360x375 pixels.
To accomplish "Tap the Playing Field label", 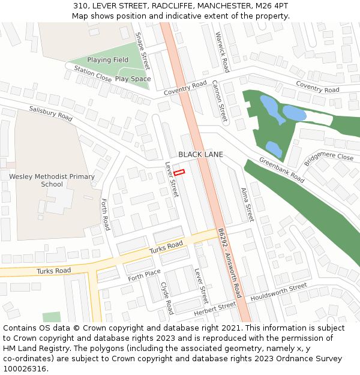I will pos(108,60).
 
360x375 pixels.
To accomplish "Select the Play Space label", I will pos(133,79).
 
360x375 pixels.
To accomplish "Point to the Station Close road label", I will pos(92,74).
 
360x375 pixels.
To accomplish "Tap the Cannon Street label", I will pos(220,101).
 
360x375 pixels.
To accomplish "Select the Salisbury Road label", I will pos(51,113).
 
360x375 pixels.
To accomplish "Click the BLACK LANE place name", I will pos(200,154).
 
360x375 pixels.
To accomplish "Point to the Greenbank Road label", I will pos(282,170).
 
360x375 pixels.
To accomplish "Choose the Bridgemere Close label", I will pos(329,159).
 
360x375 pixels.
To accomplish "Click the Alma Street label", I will pos(247,204).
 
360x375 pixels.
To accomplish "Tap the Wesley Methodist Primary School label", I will pos(52,181).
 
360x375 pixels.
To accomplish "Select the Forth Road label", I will pos(106,215).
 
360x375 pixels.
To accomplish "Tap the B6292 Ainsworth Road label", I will pos(229,263).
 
